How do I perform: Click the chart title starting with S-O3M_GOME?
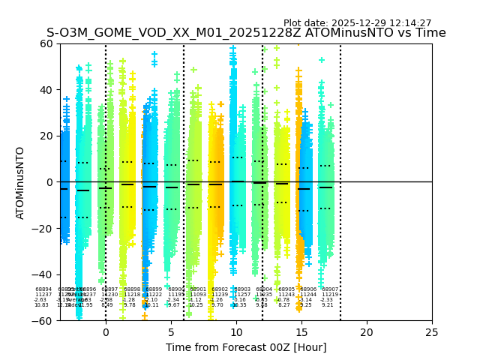coord(246,33)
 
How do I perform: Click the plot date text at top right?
coord(357,23)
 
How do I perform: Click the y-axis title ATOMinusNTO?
coord(20,182)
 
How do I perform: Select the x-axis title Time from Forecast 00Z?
coord(246,347)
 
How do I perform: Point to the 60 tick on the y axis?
coord(47,43)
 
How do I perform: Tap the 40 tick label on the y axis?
coord(47,90)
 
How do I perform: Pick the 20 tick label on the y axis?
coord(47,136)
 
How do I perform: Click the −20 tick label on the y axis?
coord(44,228)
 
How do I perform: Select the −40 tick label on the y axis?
coord(44,274)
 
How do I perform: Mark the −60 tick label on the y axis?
coord(44,320)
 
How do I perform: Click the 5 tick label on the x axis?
coord(171,332)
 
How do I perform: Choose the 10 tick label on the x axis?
coord(236,332)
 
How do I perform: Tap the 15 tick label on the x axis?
coord(301,332)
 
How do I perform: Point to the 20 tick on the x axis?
coord(367,332)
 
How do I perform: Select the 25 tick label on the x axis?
coord(432,332)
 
